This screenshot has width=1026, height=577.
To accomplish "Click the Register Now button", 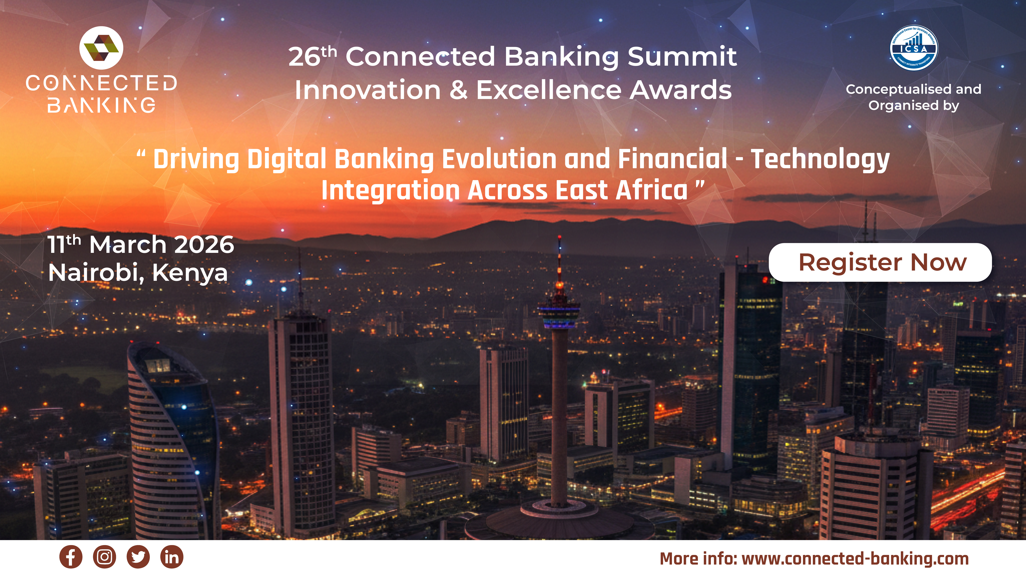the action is point(880,262).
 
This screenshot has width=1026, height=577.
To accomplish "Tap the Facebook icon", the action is point(71,557).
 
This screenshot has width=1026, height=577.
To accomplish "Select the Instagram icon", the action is point(104,557).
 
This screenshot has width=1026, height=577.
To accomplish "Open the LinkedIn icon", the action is point(172,557).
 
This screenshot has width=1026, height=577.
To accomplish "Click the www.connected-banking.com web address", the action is point(855,559).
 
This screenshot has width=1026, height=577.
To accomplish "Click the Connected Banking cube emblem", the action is point(101,48).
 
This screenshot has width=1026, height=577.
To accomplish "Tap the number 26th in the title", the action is point(313,56).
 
